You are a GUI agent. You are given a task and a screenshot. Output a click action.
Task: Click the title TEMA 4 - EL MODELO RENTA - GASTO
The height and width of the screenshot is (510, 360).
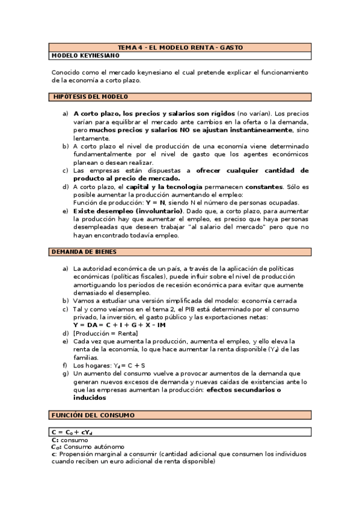tap(180, 47)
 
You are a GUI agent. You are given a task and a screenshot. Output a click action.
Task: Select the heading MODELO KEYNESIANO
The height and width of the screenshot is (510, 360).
tap(85, 55)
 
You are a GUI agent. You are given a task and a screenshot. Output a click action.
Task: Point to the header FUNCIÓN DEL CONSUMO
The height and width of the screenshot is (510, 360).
tap(93, 415)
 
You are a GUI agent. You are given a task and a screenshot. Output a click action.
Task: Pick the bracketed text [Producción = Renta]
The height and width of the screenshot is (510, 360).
tap(105, 333)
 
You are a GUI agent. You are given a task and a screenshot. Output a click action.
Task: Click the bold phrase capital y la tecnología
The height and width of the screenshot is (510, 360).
tap(164, 186)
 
